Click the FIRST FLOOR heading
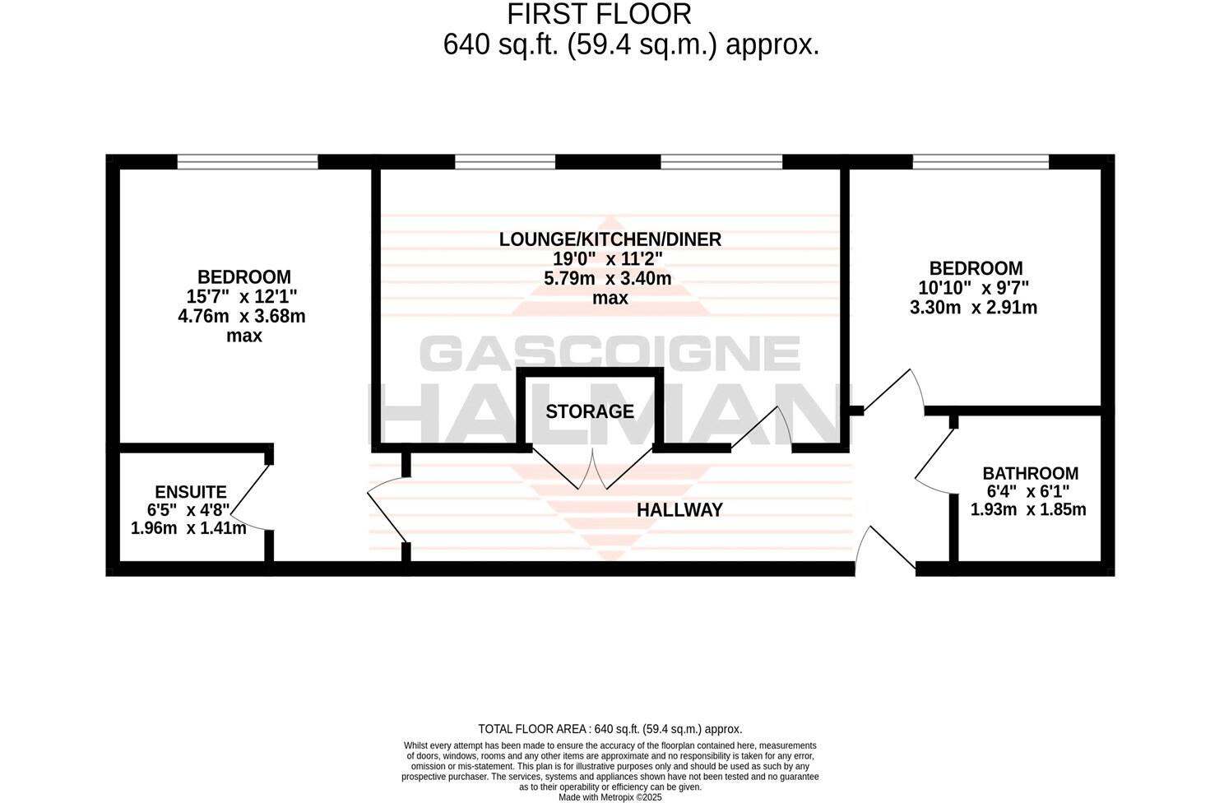pyautogui.click(x=599, y=14)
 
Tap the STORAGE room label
pyautogui.click(x=590, y=411)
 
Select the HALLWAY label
pyautogui.click(x=679, y=510)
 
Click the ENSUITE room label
pyautogui.click(x=191, y=492)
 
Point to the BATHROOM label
pyautogui.click(x=1030, y=474)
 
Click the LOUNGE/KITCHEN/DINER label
pyautogui.click(x=610, y=239)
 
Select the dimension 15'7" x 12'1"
pyautogui.click(x=242, y=296)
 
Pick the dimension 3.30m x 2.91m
pyautogui.click(x=973, y=308)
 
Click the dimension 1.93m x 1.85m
pyautogui.click(x=1028, y=509)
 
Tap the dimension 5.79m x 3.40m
pyautogui.click(x=608, y=279)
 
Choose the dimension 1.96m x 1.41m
pyautogui.click(x=188, y=528)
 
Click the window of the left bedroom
pyautogui.click(x=248, y=162)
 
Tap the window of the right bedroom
pyautogui.click(x=980, y=162)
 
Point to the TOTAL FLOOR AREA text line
pyautogui.click(x=610, y=729)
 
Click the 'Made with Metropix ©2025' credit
pyautogui.click(x=610, y=796)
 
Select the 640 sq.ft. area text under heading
pyautogui.click(x=631, y=44)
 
